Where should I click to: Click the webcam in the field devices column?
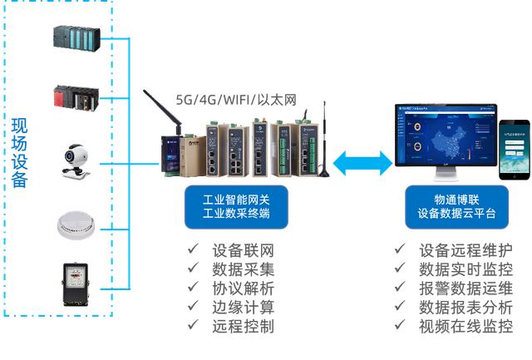point(75,160)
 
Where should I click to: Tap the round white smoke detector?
point(76,223)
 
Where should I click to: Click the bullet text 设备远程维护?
point(465,250)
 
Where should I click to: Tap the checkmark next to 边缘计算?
point(194,308)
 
